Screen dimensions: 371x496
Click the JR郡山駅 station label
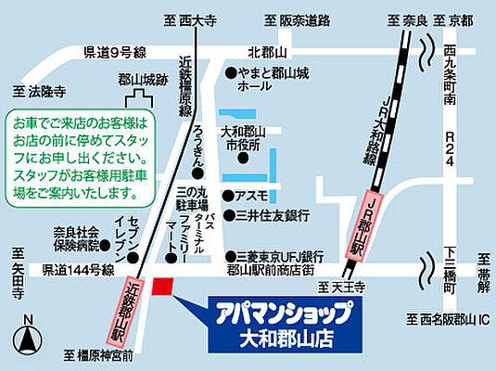point(364,230)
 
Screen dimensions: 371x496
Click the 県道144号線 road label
point(78,270)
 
